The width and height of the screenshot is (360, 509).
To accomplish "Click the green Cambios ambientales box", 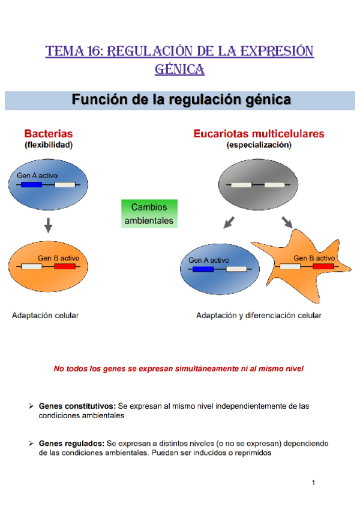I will (x=149, y=214).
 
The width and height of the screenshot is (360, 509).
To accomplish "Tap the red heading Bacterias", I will (x=49, y=133).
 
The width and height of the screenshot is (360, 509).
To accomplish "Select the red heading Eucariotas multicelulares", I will (x=259, y=133).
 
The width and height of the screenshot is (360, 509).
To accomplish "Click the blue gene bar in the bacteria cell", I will (x=31, y=185).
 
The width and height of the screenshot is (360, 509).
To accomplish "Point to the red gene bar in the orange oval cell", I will (x=65, y=266).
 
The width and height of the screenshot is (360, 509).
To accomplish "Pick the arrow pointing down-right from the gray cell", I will (x=287, y=223).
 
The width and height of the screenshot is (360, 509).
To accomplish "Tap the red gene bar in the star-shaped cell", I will (x=323, y=266).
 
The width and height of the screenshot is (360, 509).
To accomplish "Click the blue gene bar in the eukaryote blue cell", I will (x=203, y=269).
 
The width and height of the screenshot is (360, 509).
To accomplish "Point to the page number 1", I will (x=314, y=483).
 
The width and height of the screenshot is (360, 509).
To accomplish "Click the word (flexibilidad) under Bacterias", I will (x=49, y=145).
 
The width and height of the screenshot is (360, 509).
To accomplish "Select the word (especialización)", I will (x=259, y=145).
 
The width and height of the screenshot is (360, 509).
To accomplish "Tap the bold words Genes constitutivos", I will (x=77, y=406).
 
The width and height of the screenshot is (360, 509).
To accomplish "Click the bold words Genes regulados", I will (x=71, y=444).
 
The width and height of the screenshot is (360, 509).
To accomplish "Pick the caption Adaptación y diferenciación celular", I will (x=259, y=315).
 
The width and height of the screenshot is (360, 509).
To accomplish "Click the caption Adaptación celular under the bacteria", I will (x=46, y=315).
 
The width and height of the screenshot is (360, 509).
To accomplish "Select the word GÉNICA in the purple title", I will (x=180, y=70).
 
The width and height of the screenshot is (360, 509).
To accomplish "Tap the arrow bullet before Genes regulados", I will (x=31, y=444).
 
